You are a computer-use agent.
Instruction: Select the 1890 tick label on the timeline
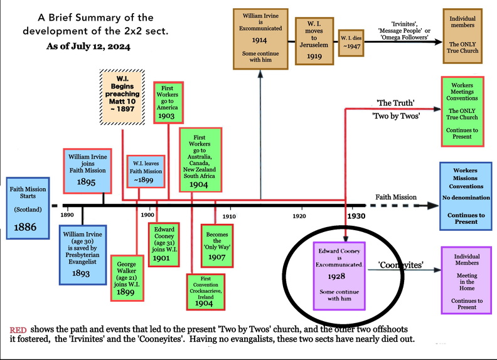(68, 214)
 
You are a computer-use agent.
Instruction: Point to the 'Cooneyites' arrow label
(401, 265)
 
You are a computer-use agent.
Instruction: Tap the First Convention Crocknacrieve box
(206, 291)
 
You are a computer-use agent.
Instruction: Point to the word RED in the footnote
(19, 330)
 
